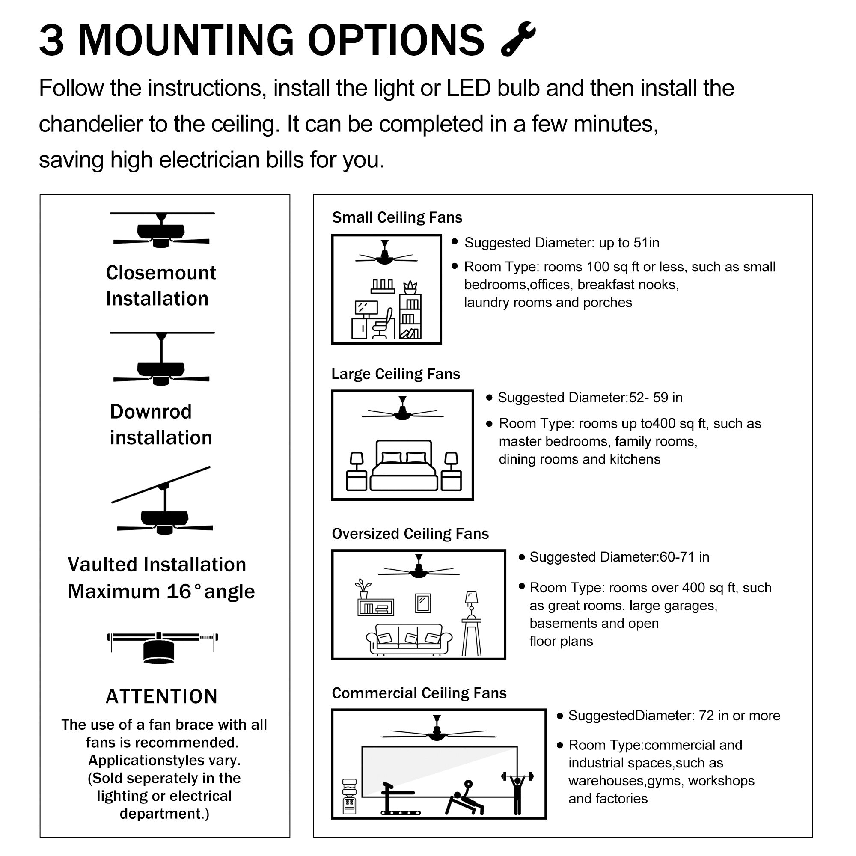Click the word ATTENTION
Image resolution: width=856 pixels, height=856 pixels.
162,696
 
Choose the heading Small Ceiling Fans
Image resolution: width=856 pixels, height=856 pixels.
397,217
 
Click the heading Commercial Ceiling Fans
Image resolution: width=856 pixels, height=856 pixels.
419,693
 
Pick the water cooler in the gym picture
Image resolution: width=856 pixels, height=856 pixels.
350,797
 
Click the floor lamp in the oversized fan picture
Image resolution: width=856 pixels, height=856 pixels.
471,622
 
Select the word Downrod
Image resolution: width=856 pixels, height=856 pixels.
151,412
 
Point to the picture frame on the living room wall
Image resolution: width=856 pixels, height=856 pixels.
423,603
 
